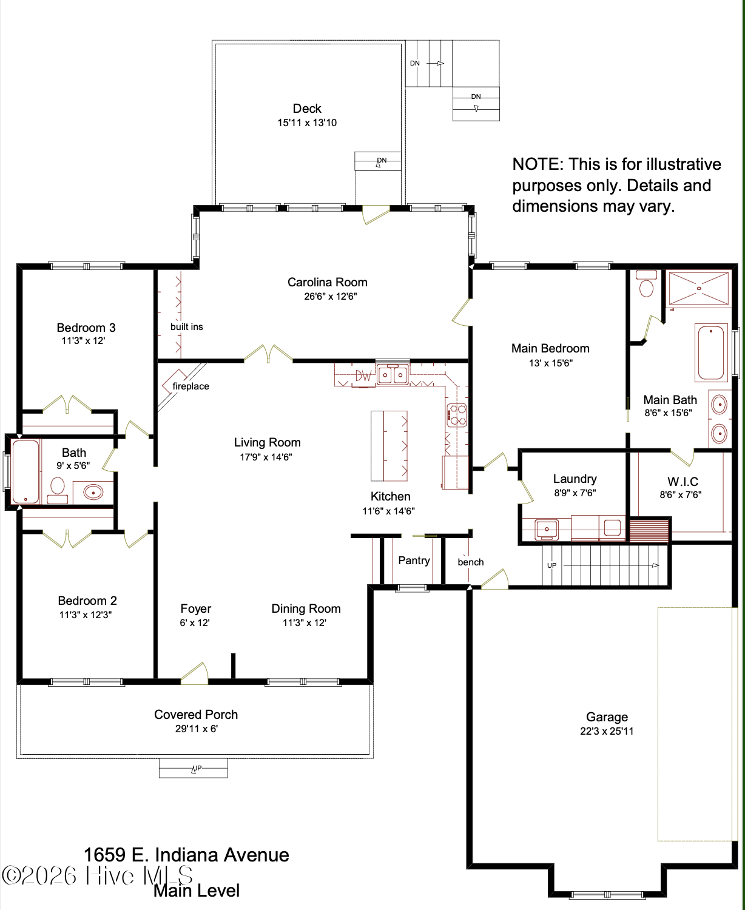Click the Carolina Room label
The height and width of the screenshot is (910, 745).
click(x=327, y=282)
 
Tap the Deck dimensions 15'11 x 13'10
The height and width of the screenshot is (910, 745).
click(x=307, y=123)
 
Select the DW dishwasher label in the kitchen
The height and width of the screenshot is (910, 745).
click(x=363, y=376)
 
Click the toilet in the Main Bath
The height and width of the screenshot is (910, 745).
click(x=646, y=283)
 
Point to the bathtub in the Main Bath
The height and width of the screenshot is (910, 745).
click(x=710, y=353)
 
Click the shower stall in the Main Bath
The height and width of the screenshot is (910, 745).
click(x=698, y=288)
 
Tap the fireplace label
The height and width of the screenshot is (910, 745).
click(x=190, y=386)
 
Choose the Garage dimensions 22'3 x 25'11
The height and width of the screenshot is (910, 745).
click(x=607, y=731)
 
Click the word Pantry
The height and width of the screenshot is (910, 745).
click(x=414, y=561)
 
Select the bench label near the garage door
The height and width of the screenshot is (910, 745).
click(x=471, y=562)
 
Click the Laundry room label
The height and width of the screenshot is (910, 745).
click(x=575, y=479)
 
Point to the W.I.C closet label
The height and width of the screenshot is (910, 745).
click(x=683, y=482)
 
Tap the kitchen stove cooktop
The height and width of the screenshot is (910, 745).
click(x=457, y=414)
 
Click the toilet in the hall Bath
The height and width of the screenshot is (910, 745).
click(x=58, y=490)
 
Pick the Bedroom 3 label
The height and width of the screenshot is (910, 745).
click(x=86, y=328)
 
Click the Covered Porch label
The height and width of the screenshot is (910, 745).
click(x=196, y=715)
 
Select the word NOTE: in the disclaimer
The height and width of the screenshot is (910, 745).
click(x=538, y=164)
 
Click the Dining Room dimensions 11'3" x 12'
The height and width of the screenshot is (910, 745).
click(x=305, y=622)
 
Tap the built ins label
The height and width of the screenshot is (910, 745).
click(x=186, y=326)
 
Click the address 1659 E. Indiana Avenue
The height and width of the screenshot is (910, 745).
click(x=186, y=854)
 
